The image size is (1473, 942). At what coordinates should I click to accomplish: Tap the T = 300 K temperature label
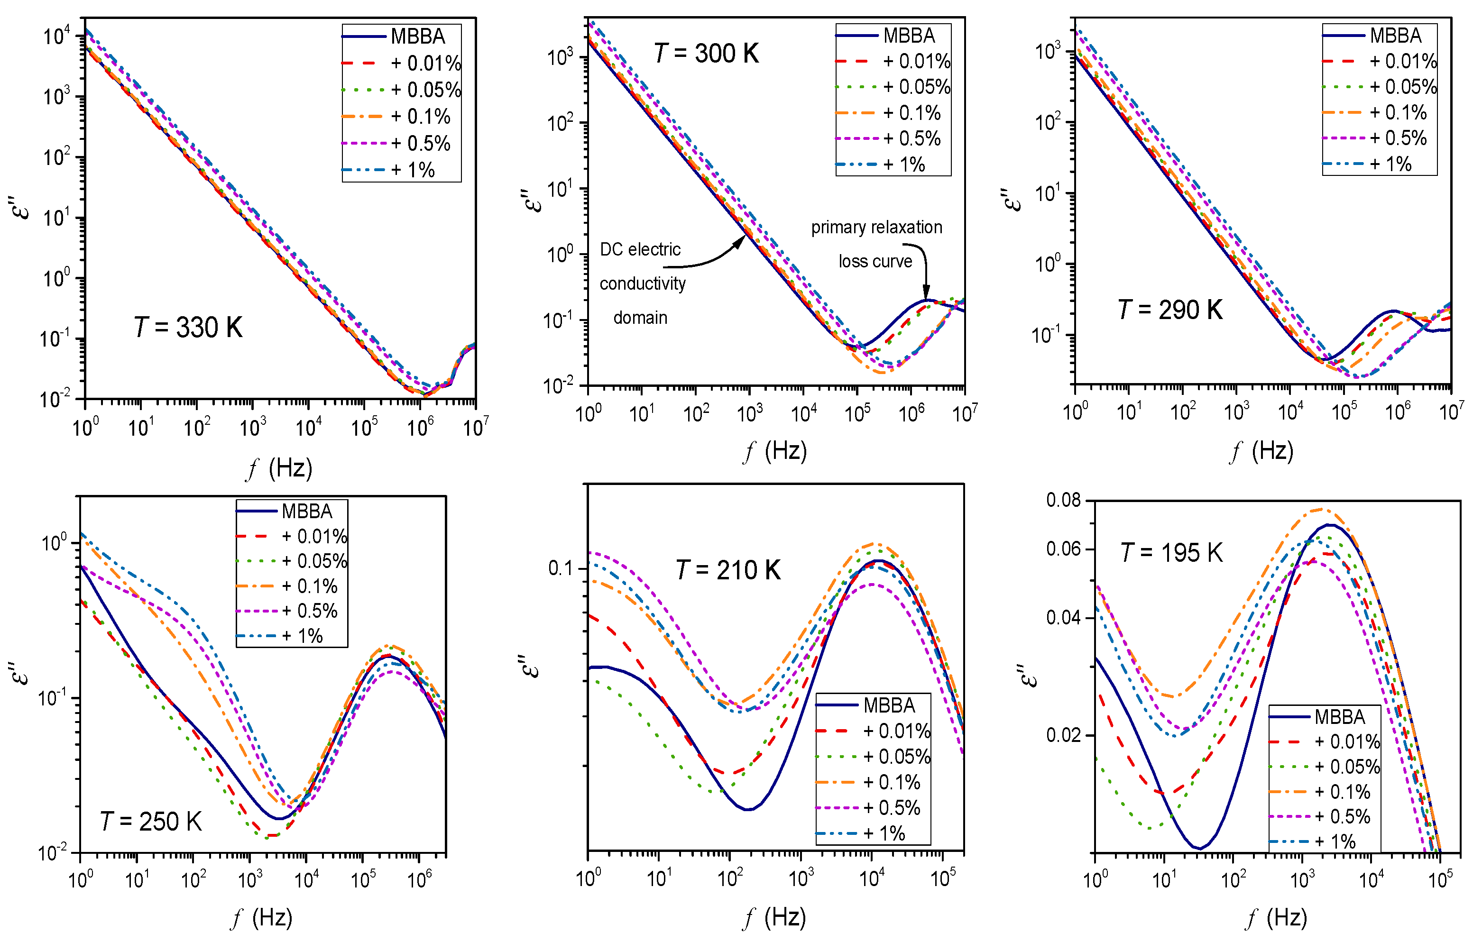point(706,54)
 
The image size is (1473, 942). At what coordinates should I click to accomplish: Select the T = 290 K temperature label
point(1169,310)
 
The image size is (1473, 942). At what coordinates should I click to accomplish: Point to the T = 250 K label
point(150,822)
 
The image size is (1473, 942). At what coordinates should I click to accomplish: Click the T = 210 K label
point(728,570)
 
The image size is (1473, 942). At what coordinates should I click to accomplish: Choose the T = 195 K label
point(1171,553)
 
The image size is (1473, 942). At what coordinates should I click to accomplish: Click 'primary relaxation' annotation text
point(876,228)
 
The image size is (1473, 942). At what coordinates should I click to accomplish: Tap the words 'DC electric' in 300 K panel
point(640,249)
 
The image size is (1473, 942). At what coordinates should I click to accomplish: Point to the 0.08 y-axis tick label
point(1063,500)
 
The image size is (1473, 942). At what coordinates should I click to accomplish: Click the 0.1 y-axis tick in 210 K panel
point(561,568)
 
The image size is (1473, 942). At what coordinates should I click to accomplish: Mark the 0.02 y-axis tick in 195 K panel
point(1063,735)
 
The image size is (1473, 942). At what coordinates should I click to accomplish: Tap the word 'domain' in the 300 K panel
point(640,318)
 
